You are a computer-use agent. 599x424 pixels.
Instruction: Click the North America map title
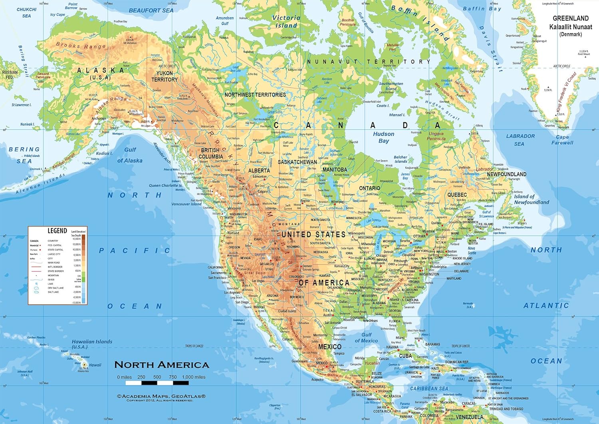click(x=162, y=365)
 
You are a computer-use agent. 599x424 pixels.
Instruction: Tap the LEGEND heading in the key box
click(x=57, y=231)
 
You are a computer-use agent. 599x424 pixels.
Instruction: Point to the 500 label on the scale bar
click(x=157, y=377)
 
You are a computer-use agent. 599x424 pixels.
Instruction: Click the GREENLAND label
click(x=570, y=18)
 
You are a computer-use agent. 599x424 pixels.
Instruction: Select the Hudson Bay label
click(x=383, y=137)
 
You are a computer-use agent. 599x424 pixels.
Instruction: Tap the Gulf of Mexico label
click(x=366, y=338)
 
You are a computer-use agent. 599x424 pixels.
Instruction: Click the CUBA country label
click(x=405, y=356)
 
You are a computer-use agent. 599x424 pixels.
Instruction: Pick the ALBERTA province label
click(x=259, y=171)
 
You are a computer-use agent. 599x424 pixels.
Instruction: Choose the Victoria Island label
click(x=286, y=22)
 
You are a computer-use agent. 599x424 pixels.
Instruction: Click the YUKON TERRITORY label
click(x=165, y=76)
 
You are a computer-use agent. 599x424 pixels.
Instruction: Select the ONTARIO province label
click(x=369, y=188)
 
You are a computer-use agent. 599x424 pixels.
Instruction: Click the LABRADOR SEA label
click(x=520, y=140)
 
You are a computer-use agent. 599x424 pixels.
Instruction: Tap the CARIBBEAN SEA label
click(x=429, y=388)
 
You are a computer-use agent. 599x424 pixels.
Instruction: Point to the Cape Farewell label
click(x=562, y=140)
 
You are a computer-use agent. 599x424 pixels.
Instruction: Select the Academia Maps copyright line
click(x=161, y=396)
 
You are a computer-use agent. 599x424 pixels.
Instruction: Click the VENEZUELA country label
click(x=469, y=417)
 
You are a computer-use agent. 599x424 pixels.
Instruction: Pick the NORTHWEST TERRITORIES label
click(x=255, y=95)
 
